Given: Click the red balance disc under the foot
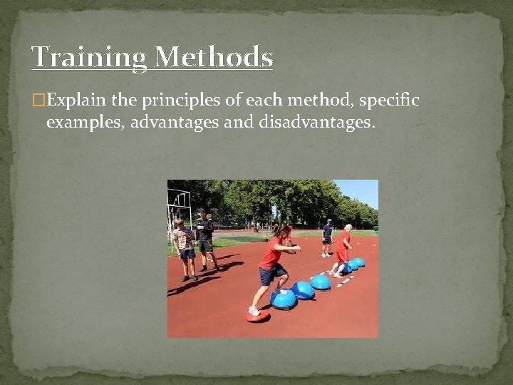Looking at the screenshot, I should (x=257, y=315).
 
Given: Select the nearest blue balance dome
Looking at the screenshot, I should (x=284, y=299).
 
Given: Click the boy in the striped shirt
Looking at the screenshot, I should (x=185, y=246).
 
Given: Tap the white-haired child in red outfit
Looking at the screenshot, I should (x=343, y=246).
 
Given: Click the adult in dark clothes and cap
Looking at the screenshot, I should (x=327, y=236).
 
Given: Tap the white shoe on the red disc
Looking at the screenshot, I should (x=254, y=310).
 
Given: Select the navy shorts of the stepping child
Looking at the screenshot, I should (x=270, y=274).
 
